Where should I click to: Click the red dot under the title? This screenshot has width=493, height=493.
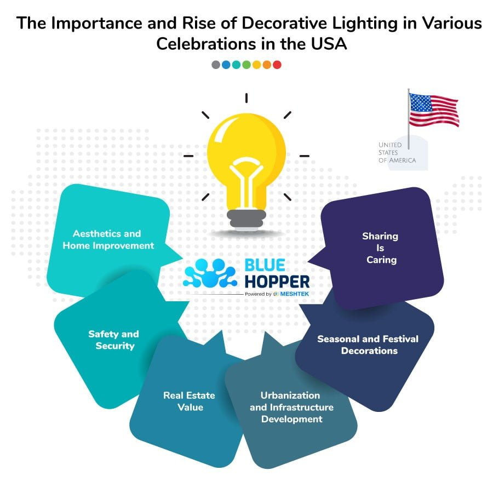pyautogui.click(x=277, y=65)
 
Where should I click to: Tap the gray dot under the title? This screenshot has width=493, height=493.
pyautogui.click(x=216, y=65)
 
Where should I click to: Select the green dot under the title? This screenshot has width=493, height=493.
pyautogui.click(x=246, y=65)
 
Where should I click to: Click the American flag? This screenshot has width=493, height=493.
pyautogui.click(x=434, y=110)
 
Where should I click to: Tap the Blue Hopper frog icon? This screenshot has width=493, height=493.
pyautogui.click(x=210, y=273)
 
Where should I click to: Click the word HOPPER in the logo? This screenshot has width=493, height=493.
pyautogui.click(x=277, y=282)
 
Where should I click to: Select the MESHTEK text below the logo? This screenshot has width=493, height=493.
pyautogui.click(x=295, y=294)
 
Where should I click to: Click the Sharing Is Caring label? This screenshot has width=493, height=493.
pyautogui.click(x=381, y=248)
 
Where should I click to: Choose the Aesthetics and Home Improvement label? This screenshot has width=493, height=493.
pyautogui.click(x=108, y=239)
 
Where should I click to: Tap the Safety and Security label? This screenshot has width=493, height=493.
pyautogui.click(x=114, y=340)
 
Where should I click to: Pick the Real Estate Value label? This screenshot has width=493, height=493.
pyautogui.click(x=190, y=401)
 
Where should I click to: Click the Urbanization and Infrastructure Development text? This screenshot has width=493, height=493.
pyautogui.click(x=291, y=407)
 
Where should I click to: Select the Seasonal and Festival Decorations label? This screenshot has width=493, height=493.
pyautogui.click(x=368, y=345)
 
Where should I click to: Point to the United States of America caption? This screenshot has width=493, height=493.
pyautogui.click(x=397, y=152)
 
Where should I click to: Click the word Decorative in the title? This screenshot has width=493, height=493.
pyautogui.click(x=284, y=23)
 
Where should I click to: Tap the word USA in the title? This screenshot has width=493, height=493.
pyautogui.click(x=329, y=44)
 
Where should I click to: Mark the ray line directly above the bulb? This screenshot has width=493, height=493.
pyautogui.click(x=246, y=98)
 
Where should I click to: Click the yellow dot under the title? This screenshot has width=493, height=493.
pyautogui.click(x=256, y=65)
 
